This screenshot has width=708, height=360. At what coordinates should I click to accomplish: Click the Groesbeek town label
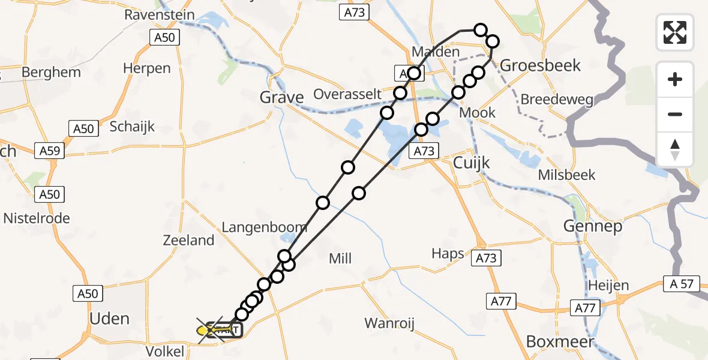click(x=540, y=65)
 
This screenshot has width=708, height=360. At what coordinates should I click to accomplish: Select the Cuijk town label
click(x=472, y=163)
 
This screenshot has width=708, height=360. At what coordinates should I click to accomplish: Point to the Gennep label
click(x=593, y=226)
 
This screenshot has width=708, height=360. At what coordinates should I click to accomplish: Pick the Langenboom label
click(x=265, y=227)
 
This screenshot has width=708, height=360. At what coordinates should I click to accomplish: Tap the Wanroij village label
click(x=389, y=324)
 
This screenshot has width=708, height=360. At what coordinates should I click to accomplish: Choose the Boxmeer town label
click(x=560, y=341)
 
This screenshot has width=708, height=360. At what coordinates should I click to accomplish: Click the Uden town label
click(x=109, y=318)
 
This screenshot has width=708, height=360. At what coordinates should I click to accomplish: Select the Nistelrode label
click(x=37, y=218)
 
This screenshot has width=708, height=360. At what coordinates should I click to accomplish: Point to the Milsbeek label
click(x=566, y=175)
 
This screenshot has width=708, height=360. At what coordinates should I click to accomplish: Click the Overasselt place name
click(x=347, y=94)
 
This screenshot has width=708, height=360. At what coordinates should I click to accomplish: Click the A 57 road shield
click(x=682, y=284)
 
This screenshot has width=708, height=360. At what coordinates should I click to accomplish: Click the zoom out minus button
click(x=675, y=115)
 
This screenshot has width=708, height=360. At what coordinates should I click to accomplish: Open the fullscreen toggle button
click(x=675, y=32)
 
